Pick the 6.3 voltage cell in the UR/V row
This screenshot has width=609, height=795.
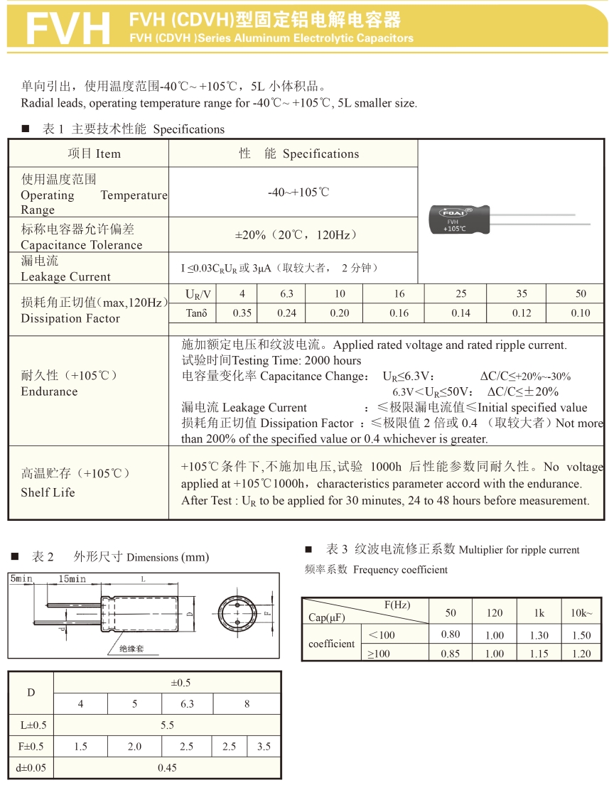coord(286,294)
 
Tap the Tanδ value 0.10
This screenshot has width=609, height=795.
coord(580,313)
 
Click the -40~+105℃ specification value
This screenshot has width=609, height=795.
coord(298,193)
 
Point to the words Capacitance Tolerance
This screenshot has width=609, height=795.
coord(82,245)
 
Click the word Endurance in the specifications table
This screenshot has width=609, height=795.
coord(49,391)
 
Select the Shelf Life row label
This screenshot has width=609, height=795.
coord(48,492)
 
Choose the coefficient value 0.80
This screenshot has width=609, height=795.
coord(451,635)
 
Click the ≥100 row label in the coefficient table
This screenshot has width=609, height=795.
coord(379,654)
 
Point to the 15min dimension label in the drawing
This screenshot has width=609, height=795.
coord(72,579)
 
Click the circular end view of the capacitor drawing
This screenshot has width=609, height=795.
coord(236,612)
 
